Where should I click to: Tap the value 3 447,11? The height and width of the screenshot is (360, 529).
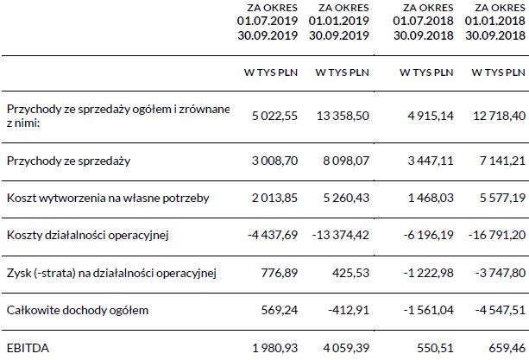(426, 161)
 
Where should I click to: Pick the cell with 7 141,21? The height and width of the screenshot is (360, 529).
(497, 161)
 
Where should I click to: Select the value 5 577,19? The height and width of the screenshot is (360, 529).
(497, 198)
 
